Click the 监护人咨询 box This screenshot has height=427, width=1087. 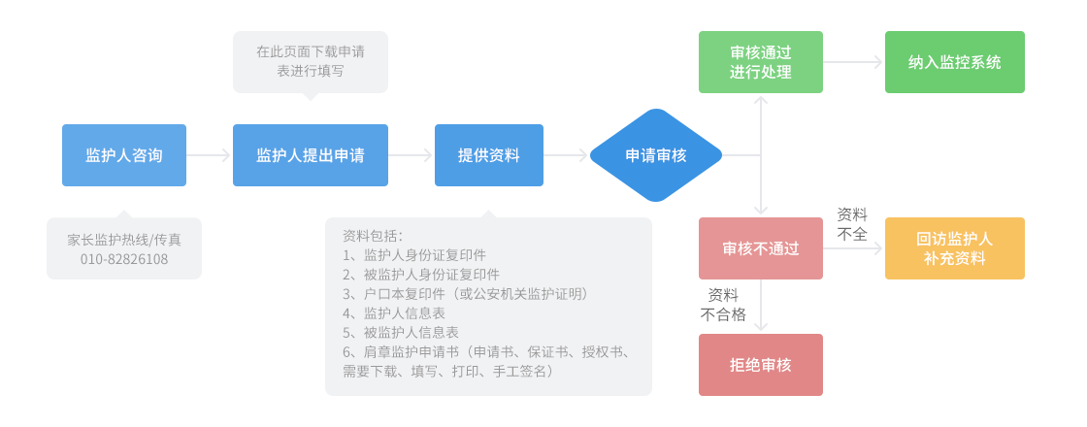124,155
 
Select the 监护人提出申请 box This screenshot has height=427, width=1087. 310,155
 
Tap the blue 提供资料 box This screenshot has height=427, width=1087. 488,155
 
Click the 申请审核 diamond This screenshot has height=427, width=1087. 655,155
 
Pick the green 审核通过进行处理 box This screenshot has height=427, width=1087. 760,62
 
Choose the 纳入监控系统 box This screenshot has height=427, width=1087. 954,62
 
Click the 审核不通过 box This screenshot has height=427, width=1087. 760,248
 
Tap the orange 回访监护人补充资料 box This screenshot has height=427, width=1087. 954,248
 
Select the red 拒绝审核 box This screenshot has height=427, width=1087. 760,365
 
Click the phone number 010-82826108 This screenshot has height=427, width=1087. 124,259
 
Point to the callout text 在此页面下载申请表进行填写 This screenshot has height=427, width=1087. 310,61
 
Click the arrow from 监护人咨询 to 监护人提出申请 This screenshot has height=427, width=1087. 209,155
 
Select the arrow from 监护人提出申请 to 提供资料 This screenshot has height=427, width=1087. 411,155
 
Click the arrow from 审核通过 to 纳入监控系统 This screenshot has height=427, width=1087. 853,62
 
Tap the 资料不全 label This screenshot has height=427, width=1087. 852,224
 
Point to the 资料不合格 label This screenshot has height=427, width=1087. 723,304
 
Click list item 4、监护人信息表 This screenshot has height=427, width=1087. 394,312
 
